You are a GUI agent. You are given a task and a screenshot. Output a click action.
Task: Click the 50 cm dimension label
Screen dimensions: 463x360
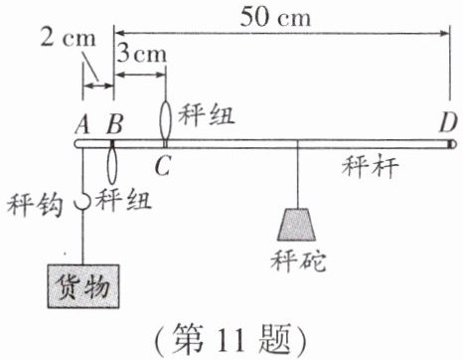pos(275,17)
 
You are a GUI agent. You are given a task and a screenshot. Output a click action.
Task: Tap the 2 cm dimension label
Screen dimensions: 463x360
pos(68,38)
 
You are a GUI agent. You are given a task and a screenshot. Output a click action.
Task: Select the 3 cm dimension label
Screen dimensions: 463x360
pos(141,54)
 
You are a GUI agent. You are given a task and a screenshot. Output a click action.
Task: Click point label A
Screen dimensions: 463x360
pos(82,124)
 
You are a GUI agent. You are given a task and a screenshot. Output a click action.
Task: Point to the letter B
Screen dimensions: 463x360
pos(115,123)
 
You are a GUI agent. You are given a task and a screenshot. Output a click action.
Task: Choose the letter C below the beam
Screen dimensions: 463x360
pos(163,165)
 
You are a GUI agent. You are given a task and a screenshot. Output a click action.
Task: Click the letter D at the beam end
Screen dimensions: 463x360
pos(448,123)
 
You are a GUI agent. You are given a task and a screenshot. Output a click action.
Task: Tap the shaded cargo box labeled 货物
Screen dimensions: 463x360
pos(83,286)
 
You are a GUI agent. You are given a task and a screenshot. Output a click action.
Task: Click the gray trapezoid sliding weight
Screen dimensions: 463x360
pos(296,225)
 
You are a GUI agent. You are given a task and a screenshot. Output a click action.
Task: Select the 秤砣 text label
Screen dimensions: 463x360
pos(298,261)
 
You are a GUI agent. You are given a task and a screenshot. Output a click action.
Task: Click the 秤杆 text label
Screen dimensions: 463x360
pos(370,167)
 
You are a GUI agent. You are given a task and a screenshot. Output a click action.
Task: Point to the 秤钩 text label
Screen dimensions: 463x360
pos(35,205)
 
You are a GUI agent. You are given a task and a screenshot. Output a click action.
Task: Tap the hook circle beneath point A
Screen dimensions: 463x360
pos(82,201)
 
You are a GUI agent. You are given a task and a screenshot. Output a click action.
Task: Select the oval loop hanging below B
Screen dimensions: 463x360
pos(112,165)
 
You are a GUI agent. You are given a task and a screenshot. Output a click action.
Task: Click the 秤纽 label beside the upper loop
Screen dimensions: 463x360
pos(207,115)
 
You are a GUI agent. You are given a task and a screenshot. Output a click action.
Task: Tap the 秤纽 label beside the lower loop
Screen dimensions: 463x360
pos(123,200)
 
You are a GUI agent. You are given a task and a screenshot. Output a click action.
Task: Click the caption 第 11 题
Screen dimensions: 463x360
pos(232,339)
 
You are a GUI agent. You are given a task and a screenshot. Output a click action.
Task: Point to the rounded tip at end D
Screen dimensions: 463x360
pos(453,144)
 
